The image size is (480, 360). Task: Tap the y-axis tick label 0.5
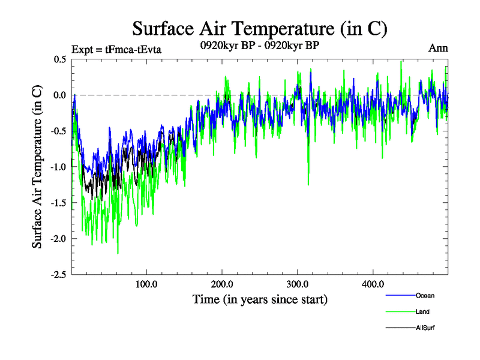coord(59,59)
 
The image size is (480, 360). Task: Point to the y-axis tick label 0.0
coord(59,95)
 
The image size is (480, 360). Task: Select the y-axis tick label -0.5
coord(58,131)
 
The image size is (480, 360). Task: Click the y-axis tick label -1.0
coord(58,167)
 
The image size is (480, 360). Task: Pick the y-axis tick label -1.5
coord(58,203)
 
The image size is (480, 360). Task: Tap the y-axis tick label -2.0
coord(58,239)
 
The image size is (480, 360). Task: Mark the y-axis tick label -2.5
coord(58,275)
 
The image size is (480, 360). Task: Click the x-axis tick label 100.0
coord(146,284)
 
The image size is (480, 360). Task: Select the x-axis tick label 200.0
coord(222,284)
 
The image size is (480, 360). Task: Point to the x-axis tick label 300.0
coord(298,284)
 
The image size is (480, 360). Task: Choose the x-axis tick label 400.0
coord(373,284)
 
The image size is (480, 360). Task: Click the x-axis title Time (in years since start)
coord(260,299)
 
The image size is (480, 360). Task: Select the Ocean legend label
coord(425,295)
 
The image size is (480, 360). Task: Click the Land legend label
coord(423,311)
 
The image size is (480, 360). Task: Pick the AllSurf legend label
coord(425,328)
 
